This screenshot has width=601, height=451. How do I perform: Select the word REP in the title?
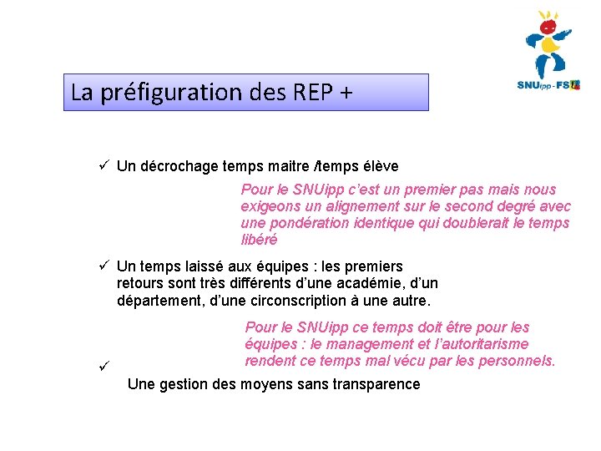tap(312, 92)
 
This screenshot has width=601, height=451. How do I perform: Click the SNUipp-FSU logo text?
tap(548, 84)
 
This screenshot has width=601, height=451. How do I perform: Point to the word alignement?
tap(351, 206)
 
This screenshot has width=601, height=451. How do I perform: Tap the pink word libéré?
tap(259, 240)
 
